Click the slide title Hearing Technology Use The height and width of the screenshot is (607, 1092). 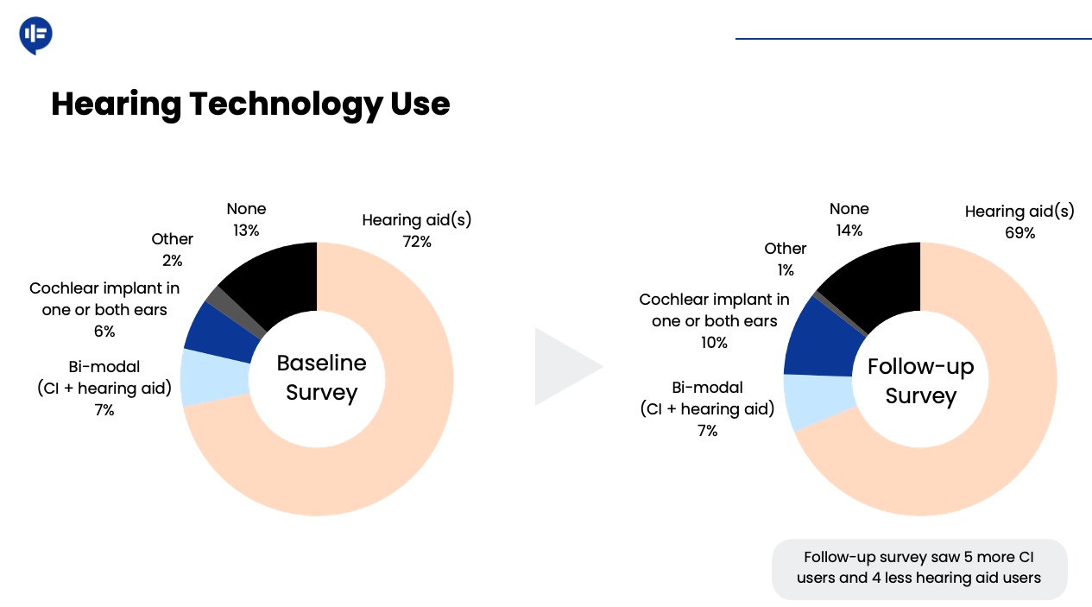tap(250, 104)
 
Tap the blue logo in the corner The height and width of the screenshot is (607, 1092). tap(35, 35)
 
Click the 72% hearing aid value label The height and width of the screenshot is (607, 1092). tap(417, 242)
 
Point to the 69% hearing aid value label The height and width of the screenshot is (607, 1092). tap(1019, 233)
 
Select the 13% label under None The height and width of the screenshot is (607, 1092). tap(246, 231)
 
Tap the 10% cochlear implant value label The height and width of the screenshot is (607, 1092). tap(714, 343)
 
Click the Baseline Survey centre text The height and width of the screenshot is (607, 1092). tap(321, 378)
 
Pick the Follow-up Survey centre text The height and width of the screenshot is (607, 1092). tap(920, 381)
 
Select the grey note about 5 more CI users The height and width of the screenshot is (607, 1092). tap(918, 568)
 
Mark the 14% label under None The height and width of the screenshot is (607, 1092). tap(849, 231)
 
